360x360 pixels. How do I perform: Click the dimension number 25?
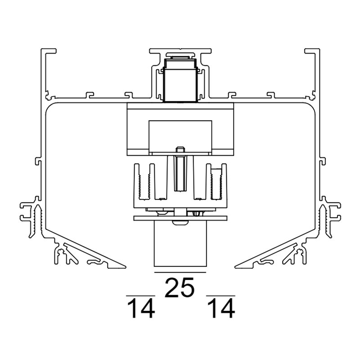[180, 288]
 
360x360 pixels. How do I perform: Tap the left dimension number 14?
[141, 309]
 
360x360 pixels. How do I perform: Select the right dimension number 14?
[221, 309]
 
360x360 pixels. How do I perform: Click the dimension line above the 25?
[180, 273]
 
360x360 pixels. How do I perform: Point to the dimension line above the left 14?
[140, 296]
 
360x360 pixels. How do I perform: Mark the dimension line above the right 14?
[220, 296]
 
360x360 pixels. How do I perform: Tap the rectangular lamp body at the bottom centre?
[180, 243]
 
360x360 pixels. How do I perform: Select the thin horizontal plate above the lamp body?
[180, 218]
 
